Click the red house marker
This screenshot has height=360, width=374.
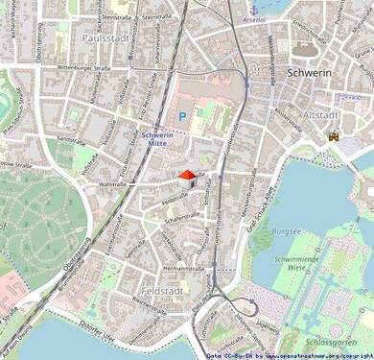coord(187,177)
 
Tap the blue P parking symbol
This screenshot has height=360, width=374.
coord(181,116)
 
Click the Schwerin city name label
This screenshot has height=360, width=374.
coord(310,72)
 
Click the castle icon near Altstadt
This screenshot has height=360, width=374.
coord(333,136)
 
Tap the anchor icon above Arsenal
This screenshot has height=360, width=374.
coord(254,7)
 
